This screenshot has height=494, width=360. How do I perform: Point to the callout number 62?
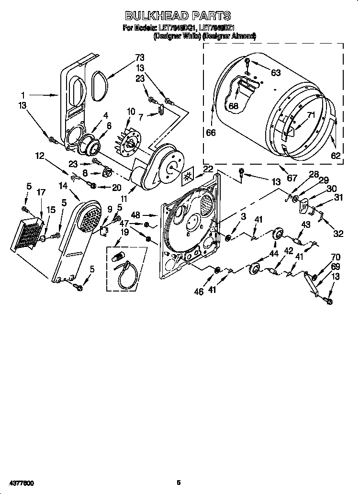point(336,155)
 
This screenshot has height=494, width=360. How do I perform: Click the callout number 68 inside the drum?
point(233,106)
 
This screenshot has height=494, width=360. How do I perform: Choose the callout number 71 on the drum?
point(311,115)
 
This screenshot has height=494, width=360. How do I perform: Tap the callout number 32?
point(338,234)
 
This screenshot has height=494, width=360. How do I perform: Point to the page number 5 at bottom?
point(178,483)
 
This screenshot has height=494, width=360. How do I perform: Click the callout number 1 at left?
point(23,95)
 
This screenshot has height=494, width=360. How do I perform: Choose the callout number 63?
point(276,73)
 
